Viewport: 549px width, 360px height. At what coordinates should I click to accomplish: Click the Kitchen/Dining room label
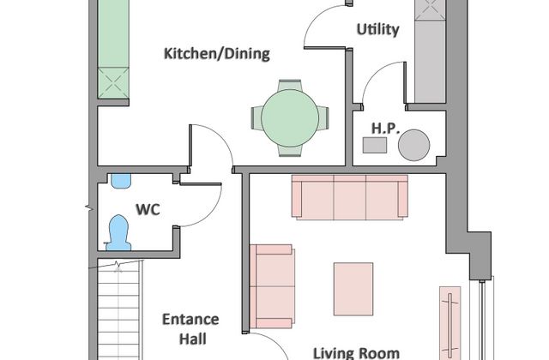pos(217,54)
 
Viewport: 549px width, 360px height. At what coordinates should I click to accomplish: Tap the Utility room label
pos(377,29)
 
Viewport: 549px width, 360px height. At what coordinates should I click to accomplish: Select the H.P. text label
pos(385,129)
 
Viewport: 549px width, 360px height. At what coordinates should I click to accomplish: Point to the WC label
pos(148,209)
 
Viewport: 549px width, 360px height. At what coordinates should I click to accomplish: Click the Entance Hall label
pos(190,329)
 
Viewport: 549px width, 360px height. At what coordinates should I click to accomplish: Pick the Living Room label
pos(356,353)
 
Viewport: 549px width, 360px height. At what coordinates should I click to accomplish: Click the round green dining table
pos(290,118)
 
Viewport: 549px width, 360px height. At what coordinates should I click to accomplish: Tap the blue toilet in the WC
pos(118,233)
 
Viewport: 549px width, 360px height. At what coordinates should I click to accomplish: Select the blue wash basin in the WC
pos(121,181)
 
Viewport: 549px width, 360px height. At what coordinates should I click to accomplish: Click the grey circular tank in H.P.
pos(413,145)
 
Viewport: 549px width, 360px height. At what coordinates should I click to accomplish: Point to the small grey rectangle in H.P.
pos(375,145)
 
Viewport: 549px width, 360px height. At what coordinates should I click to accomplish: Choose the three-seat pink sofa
pos(350,197)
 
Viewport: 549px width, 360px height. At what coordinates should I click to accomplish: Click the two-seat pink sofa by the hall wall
pos(273,286)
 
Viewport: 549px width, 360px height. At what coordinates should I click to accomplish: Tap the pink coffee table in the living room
pos(353,289)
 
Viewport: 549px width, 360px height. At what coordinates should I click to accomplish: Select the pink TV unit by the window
pos(449,323)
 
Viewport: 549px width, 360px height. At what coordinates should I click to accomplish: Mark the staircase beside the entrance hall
pos(119,310)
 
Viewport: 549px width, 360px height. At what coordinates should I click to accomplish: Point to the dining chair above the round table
pos(290,86)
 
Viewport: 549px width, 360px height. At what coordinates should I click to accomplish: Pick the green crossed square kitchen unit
pos(113,83)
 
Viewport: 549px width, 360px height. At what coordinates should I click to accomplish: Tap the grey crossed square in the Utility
pos(430,10)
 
